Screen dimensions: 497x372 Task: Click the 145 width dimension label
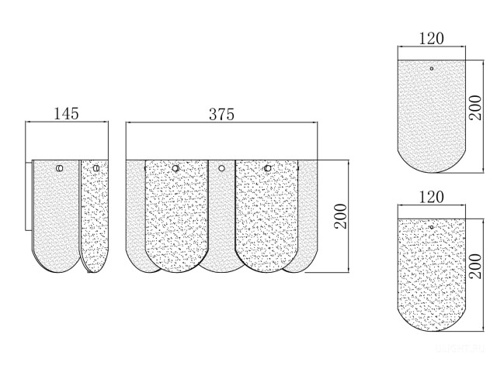point(66,114)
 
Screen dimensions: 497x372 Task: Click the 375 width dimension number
point(221,115)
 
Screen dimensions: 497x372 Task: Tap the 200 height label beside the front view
point(341,216)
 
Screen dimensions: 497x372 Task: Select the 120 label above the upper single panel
point(432,39)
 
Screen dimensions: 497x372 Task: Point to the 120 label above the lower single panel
point(432,197)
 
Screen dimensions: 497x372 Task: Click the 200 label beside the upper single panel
point(474,108)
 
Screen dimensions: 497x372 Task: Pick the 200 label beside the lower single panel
point(474,266)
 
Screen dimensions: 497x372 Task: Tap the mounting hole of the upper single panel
point(432,68)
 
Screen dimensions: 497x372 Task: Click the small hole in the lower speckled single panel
point(432,227)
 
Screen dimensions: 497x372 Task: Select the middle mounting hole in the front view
point(221,168)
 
